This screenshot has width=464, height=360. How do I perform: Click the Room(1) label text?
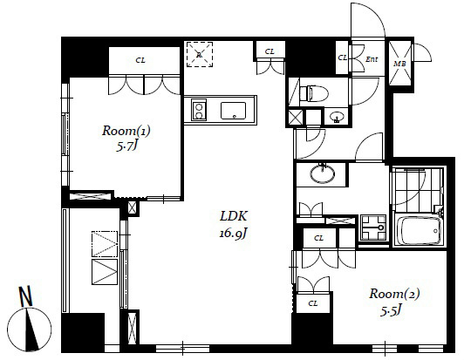[x=126, y=131]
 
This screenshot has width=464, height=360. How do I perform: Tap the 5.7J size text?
[x=127, y=146]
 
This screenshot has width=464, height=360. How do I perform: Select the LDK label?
[x=234, y=216]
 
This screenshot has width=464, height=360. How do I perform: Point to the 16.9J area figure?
[x=233, y=234]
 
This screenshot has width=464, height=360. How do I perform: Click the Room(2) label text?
[x=394, y=294]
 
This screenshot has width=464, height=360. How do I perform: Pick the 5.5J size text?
[x=391, y=310]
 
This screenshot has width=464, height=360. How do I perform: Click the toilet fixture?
[x=314, y=93]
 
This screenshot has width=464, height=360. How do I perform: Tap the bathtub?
[x=419, y=230]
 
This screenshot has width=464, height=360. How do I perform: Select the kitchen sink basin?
[x=233, y=111]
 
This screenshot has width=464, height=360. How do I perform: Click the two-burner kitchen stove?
[x=199, y=110]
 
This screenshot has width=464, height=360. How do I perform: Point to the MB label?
[x=399, y=64]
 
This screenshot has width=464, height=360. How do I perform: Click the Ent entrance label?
[x=372, y=59]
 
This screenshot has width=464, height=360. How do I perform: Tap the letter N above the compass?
[x=25, y=296]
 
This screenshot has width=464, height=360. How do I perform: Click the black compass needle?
[x=32, y=329]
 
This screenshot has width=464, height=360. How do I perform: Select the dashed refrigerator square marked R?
[x=200, y=54]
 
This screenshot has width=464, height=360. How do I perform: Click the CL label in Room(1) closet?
[x=140, y=60]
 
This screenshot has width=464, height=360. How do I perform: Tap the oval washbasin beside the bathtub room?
[x=323, y=173]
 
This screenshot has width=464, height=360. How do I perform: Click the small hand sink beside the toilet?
[x=337, y=116]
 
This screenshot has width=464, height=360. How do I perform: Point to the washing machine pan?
[x=373, y=228]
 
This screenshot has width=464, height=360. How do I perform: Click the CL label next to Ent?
[x=343, y=58]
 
